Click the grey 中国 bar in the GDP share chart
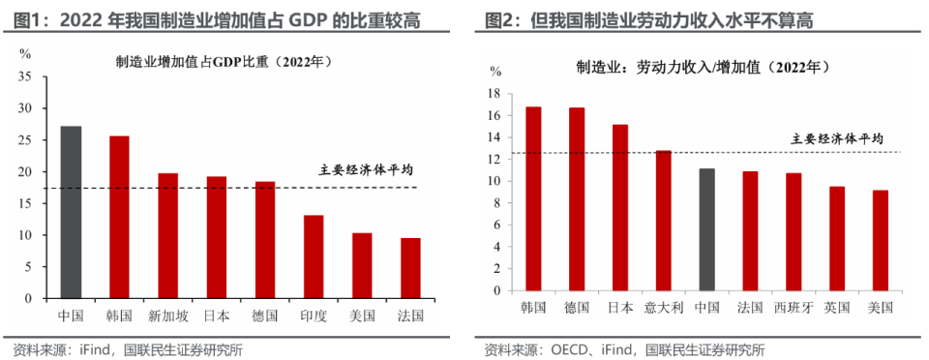[x=71, y=212]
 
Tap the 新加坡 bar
[x=167, y=235]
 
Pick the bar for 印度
[x=313, y=256]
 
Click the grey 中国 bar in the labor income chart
[x=706, y=229]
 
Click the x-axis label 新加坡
[x=167, y=315]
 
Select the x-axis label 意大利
[x=663, y=308]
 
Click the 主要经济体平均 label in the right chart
[x=837, y=138]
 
